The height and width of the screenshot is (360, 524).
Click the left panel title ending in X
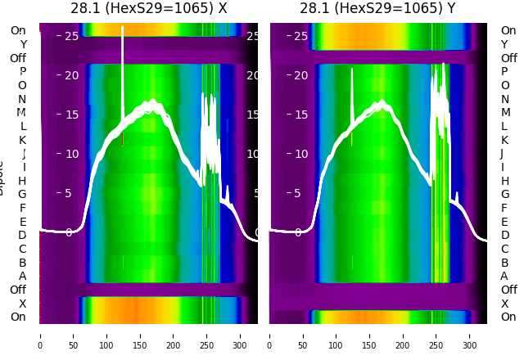click(148, 9)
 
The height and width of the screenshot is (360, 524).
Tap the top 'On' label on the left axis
click(18, 31)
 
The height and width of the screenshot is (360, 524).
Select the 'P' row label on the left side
click(23, 72)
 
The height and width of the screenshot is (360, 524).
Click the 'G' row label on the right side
click(504, 195)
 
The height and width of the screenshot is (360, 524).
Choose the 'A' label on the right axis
click(504, 277)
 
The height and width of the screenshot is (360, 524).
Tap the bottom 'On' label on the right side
click(508, 317)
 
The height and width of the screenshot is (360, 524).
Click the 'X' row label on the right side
click(504, 304)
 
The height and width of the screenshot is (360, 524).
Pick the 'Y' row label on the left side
click(23, 45)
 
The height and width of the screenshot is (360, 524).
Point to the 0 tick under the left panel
click(39, 335)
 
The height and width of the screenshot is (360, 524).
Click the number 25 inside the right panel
click(300, 36)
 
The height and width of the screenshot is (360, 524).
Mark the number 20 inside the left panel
click(70, 75)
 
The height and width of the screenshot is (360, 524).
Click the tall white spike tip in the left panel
click(123, 27)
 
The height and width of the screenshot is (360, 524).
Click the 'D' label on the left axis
click(23, 236)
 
